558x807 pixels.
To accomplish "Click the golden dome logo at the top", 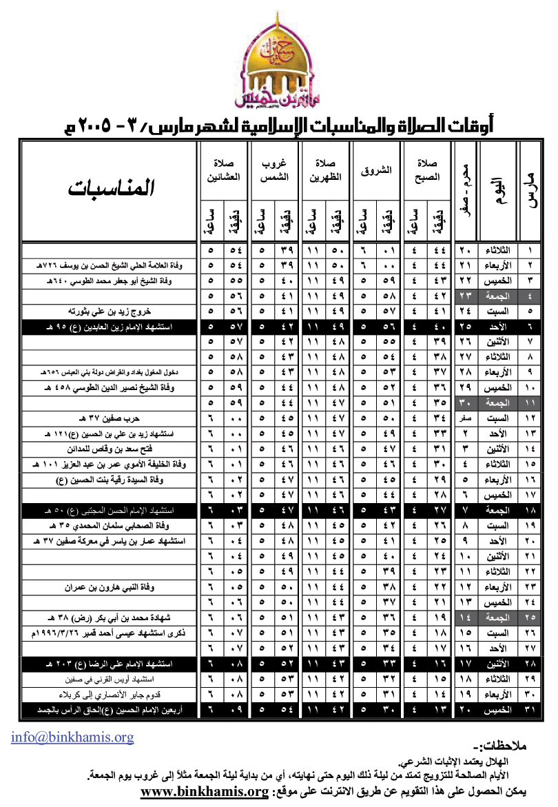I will pos(278,65).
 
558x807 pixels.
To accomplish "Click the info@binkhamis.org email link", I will pos(72,737).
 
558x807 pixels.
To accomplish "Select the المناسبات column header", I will pos(111,188).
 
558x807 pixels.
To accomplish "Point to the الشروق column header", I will pos(376,170).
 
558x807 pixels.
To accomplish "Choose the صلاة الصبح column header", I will pos(427,170).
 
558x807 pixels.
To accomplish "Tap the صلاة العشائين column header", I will pos(223,170).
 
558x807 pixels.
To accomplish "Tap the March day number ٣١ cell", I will pos(530,708).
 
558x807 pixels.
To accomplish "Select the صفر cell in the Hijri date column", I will pos(466,417).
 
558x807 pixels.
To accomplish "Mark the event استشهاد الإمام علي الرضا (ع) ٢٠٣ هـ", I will pos(111,663).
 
